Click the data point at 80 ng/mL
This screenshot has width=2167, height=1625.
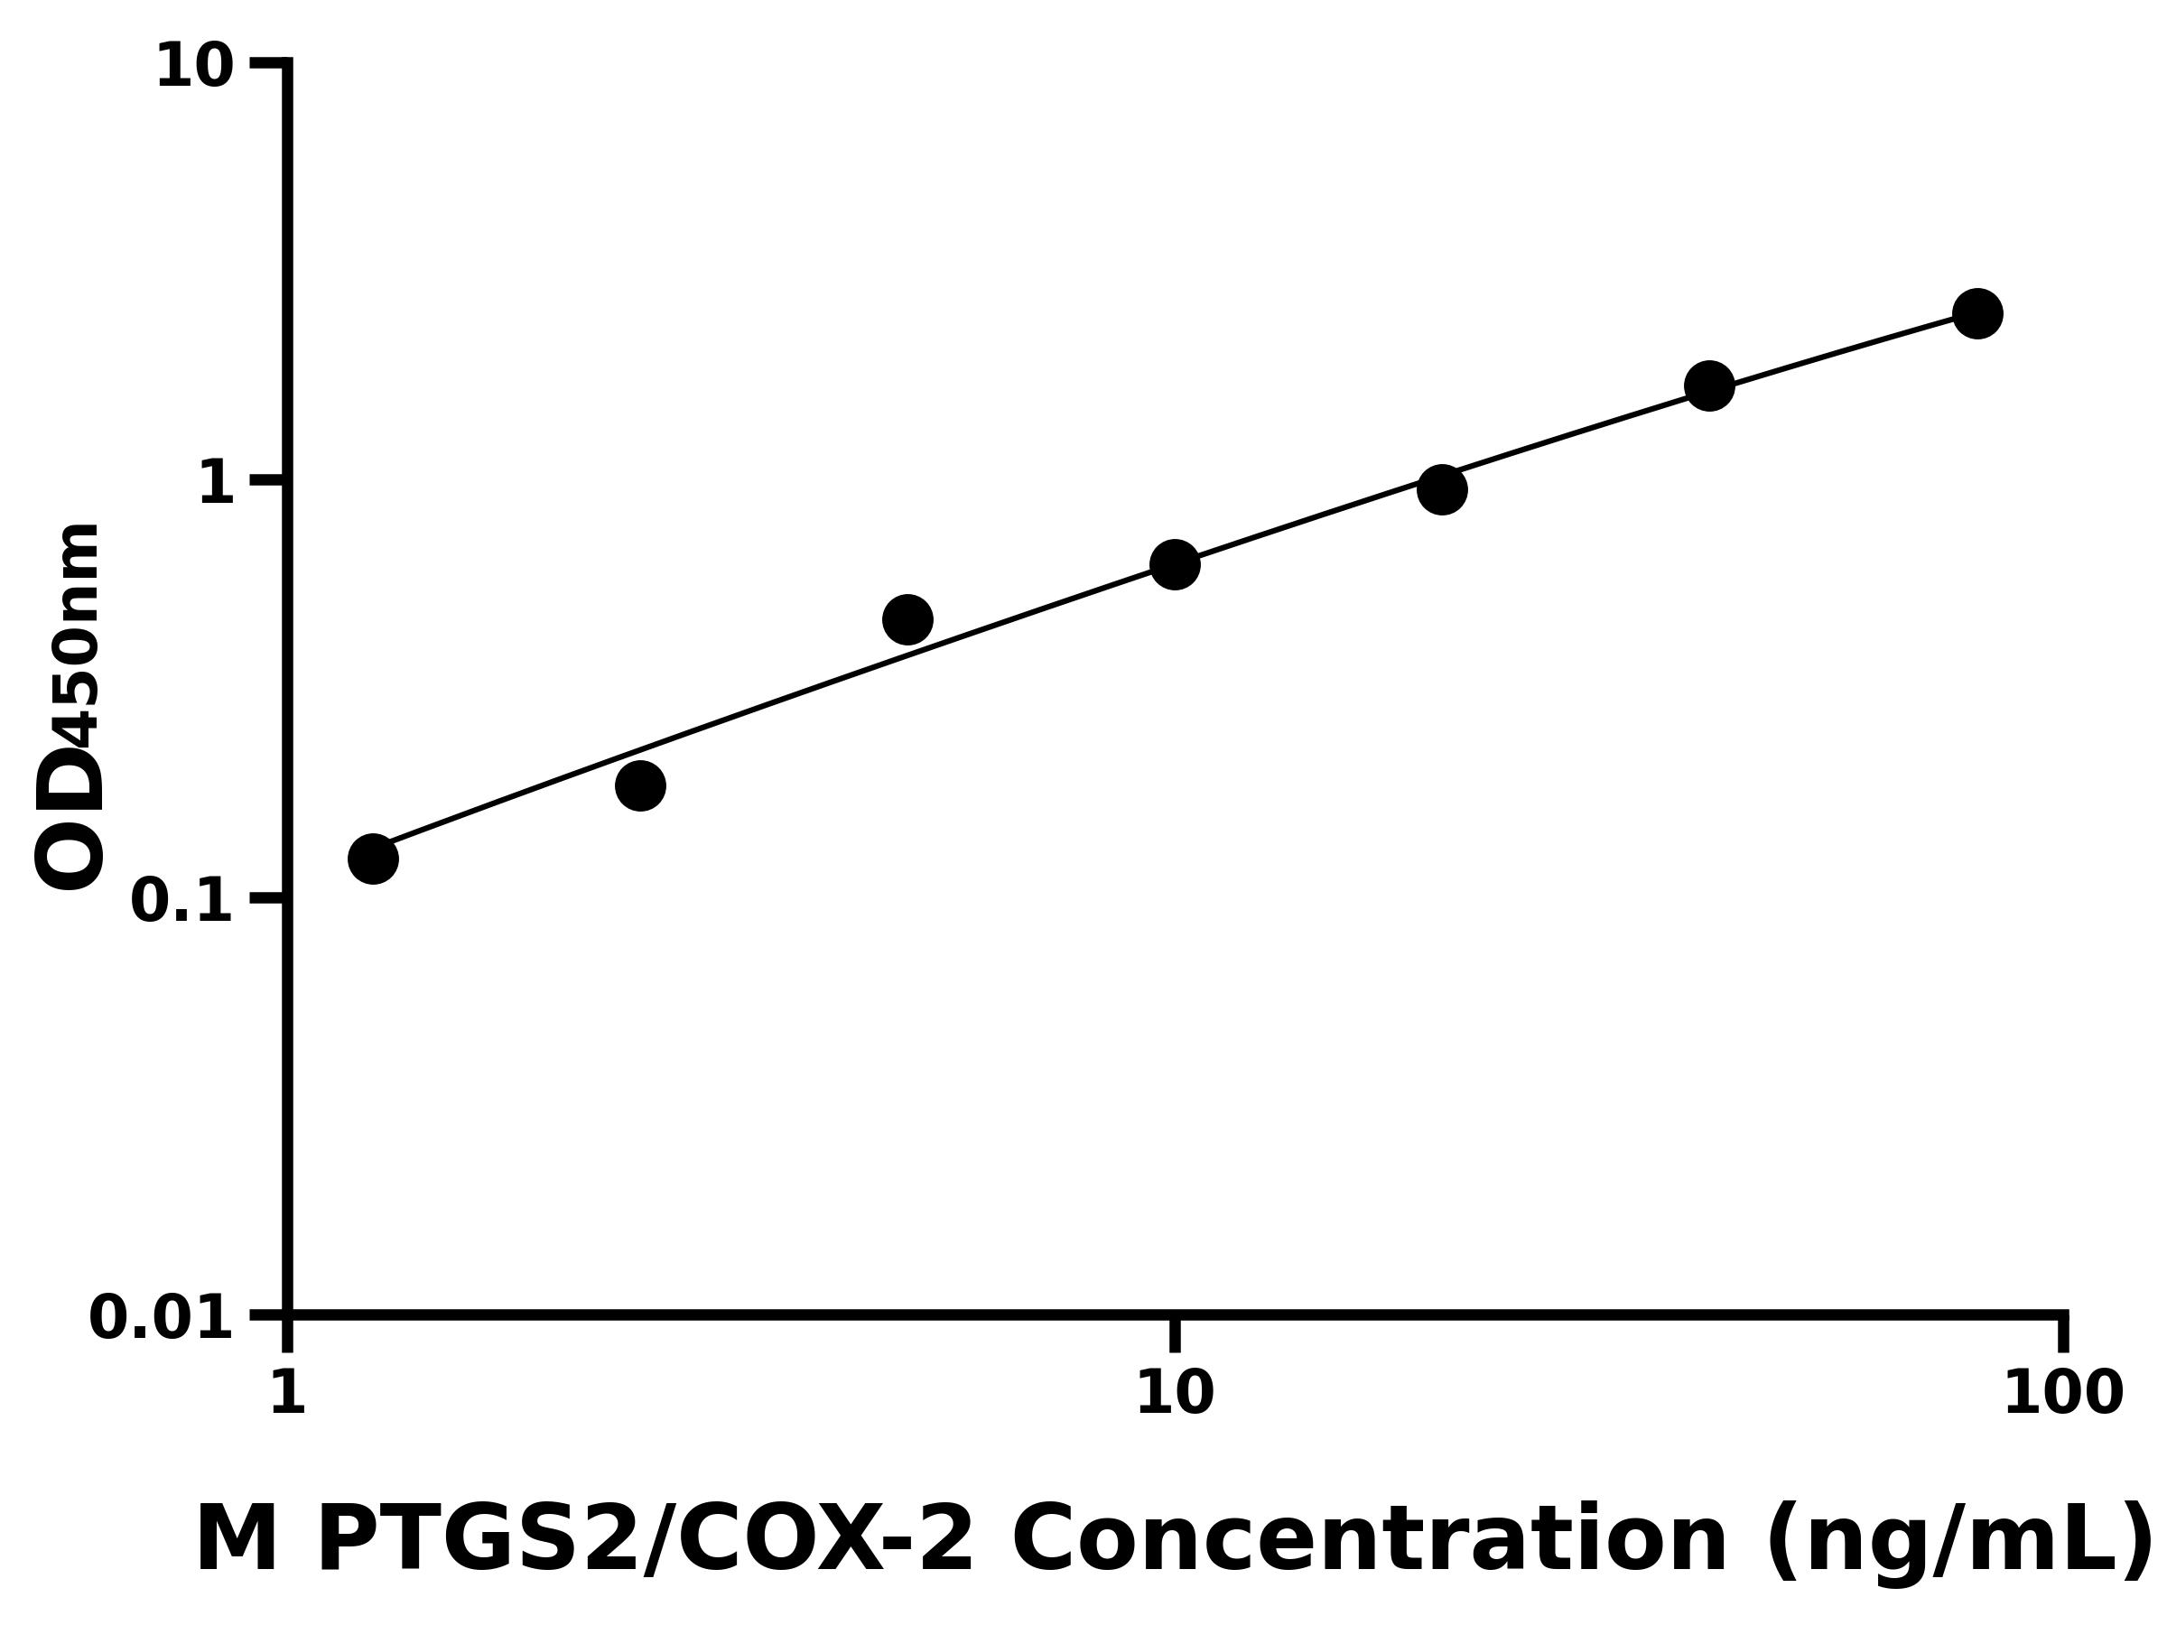[1978, 313]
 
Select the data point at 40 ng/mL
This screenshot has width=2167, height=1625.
[1709, 385]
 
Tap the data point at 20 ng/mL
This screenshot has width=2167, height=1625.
[1442, 488]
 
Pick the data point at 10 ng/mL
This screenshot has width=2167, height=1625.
[1175, 564]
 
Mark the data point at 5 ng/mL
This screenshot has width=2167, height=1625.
[907, 619]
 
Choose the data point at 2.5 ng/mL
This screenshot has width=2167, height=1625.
[641, 785]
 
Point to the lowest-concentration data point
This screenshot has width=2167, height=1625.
[373, 859]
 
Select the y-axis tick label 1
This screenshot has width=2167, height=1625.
[217, 484]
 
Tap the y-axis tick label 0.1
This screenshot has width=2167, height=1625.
[182, 901]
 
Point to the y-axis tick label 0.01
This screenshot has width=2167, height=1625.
[162, 1318]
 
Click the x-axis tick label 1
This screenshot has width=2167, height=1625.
[288, 1393]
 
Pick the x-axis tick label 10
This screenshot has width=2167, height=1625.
[1175, 1393]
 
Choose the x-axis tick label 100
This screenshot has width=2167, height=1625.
[2063, 1393]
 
